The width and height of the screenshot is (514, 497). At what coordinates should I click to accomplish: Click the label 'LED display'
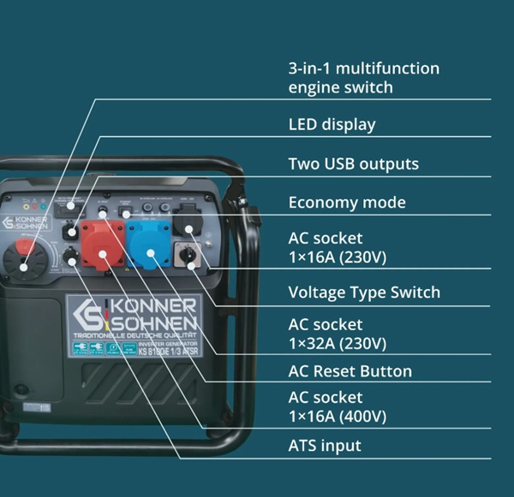click(332, 124)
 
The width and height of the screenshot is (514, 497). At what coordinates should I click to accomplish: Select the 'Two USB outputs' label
click(353, 163)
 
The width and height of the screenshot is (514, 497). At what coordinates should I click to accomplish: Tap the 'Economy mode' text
click(347, 203)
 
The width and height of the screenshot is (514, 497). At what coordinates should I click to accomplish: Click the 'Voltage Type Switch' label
click(364, 293)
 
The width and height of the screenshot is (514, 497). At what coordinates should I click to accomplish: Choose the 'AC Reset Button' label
click(350, 371)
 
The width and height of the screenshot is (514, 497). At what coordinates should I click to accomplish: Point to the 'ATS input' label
click(324, 446)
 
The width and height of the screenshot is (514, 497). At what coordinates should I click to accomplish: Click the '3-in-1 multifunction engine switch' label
click(363, 77)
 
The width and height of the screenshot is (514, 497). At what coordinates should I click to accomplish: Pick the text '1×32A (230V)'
click(337, 344)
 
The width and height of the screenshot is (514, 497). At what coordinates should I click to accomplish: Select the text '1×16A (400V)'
click(337, 417)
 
